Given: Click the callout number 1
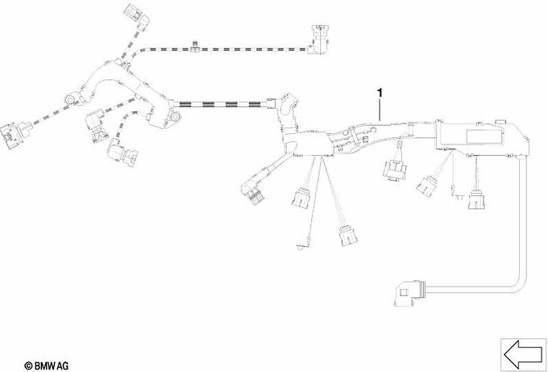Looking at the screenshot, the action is click(380, 93).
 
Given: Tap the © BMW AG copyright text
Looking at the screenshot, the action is click(47, 366).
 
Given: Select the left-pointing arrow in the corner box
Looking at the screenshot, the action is click(524, 355).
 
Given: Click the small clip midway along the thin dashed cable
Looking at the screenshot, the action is click(195, 48).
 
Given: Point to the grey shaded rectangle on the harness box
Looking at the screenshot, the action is click(485, 136).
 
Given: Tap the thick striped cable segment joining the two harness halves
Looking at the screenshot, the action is click(220, 104).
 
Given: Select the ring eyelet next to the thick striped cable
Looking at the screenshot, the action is click(174, 116).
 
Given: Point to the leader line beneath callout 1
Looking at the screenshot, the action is click(380, 110).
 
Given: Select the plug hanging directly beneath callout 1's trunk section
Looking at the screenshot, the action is click(395, 170).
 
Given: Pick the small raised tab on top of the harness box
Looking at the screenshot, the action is click(501, 122).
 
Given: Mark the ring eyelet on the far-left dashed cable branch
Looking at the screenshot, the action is click(69, 100).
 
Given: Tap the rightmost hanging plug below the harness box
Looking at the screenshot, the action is click(477, 200).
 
